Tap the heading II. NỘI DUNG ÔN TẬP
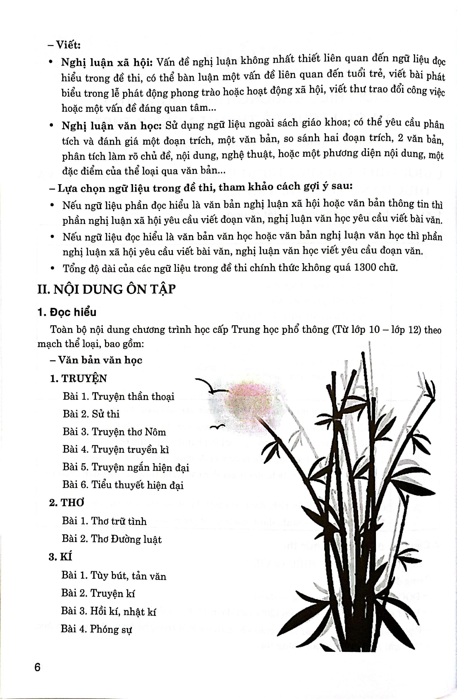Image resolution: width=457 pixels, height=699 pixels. (x=106, y=289)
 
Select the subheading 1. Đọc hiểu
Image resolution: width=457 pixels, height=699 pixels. (x=67, y=312)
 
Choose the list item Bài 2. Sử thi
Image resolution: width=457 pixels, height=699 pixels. (x=91, y=414)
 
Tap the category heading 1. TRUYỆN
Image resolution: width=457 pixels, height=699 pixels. (x=79, y=379)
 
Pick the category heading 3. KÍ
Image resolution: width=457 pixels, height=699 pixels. (x=61, y=557)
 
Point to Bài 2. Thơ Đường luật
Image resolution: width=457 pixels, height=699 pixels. (x=112, y=539)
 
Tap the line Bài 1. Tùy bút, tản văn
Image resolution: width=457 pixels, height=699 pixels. (x=114, y=576)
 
